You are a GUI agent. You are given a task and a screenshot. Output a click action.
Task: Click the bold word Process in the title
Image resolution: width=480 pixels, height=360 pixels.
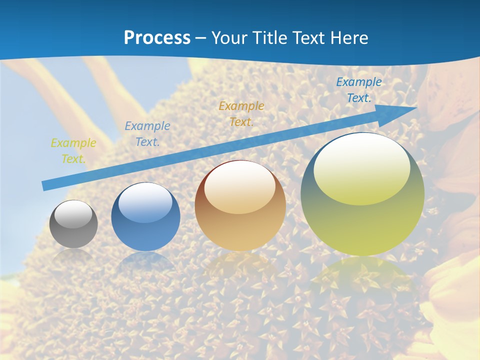tap(157, 38)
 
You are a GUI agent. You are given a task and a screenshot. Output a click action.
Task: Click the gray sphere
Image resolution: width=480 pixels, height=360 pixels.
tap(73, 224)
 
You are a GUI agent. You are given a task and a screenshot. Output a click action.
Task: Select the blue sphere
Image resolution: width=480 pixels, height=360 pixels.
tap(145, 217)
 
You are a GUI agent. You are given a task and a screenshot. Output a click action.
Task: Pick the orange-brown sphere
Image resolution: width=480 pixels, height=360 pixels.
tap(240, 206)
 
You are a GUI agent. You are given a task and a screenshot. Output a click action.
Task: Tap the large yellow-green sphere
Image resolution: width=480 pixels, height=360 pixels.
tap(362, 194)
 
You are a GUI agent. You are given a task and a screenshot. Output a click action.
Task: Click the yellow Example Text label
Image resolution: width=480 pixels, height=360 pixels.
tap(73, 151)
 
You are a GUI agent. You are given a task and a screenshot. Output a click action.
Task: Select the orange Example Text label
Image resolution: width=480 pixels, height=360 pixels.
tap(241, 114)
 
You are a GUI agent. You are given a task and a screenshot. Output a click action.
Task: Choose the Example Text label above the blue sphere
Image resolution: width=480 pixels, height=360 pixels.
tap(147, 134)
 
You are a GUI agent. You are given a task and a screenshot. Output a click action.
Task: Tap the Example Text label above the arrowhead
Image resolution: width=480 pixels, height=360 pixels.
tap(359, 90)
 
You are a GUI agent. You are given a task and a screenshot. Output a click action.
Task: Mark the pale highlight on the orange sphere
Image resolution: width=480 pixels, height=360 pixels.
tap(239, 187)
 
